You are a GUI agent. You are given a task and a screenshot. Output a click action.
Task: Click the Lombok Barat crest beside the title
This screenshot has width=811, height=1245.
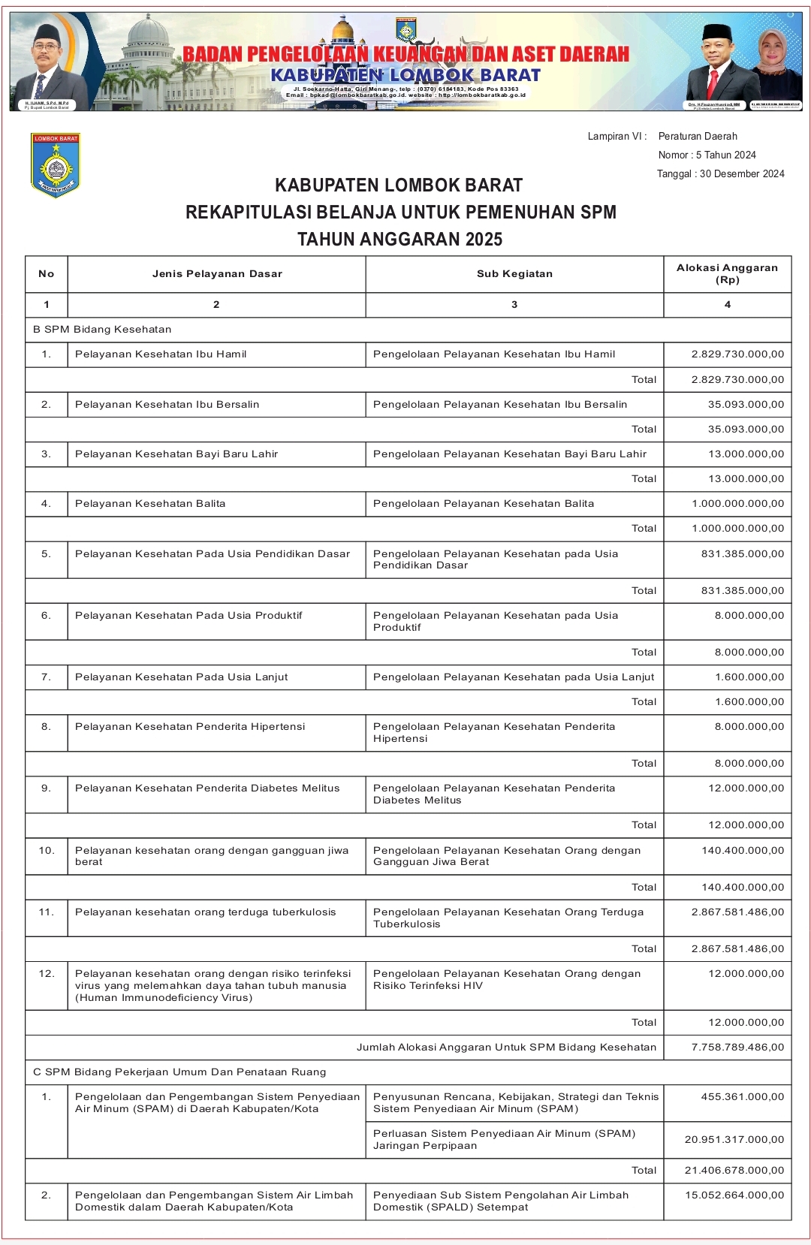click(55, 165)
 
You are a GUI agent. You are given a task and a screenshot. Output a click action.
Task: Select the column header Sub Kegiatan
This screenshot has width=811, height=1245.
click(514, 274)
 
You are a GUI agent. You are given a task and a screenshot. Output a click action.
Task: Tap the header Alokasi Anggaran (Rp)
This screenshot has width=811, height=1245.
click(727, 274)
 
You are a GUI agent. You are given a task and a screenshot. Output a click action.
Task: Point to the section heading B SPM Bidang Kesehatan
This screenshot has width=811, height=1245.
click(102, 330)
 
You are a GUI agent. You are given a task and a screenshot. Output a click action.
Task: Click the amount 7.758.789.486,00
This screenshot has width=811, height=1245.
click(737, 1048)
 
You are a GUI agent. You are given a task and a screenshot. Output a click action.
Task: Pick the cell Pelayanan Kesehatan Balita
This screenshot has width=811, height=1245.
click(150, 504)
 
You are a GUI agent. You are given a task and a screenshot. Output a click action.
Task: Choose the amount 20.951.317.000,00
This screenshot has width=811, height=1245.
click(734, 1140)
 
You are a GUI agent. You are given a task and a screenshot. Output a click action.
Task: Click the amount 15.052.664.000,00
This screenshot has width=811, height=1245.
click(734, 1195)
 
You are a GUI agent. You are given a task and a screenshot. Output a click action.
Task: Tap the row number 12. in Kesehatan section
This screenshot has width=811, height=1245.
click(47, 974)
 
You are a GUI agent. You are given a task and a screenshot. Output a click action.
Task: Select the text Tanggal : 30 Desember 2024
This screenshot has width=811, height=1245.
click(720, 174)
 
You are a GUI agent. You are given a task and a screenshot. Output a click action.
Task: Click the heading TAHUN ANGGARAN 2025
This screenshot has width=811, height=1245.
click(399, 240)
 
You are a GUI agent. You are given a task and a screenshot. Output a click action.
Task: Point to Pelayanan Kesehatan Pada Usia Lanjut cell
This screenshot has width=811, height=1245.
click(181, 677)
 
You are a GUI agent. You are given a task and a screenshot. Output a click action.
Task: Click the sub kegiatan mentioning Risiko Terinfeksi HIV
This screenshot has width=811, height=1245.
click(507, 980)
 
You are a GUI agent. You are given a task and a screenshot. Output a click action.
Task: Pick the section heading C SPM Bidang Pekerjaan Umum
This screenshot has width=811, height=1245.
click(179, 1072)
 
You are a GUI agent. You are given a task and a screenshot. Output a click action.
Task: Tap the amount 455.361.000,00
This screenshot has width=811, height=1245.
click(742, 1097)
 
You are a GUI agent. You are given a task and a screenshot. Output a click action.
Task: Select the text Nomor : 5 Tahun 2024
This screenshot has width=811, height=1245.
click(707, 155)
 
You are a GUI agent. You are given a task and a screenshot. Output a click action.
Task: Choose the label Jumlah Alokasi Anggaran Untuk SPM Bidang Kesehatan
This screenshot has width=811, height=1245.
click(506, 1048)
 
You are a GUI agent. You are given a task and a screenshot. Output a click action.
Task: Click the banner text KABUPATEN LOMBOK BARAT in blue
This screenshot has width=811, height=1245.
click(405, 76)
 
